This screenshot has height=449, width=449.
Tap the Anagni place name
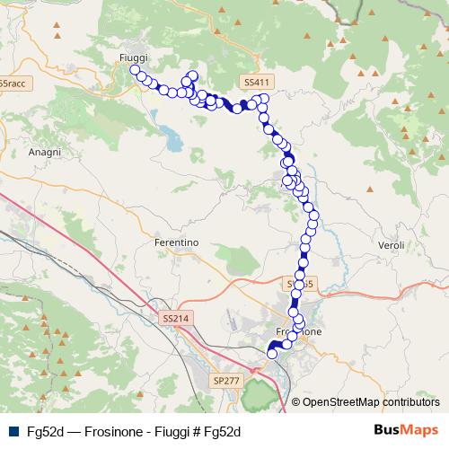[44, 153]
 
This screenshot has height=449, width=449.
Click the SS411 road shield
[257, 82]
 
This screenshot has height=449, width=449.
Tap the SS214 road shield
[176, 318]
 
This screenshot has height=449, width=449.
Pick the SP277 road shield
[226, 381]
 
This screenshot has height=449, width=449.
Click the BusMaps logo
[400, 431]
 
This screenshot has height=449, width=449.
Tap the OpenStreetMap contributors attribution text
[371, 402]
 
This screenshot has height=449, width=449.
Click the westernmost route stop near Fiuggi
[135, 69]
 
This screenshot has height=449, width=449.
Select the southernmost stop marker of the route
[272, 354]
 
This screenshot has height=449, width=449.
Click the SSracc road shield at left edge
[13, 84]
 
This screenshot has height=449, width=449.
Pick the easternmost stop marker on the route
[314, 216]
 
